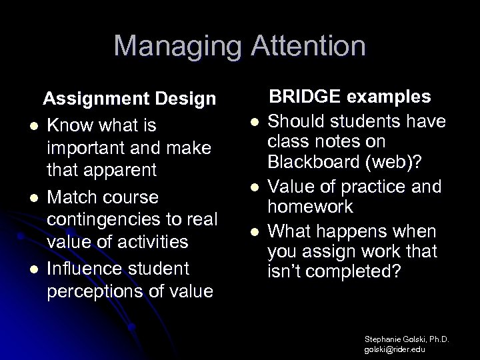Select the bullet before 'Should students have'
[x=254, y=122]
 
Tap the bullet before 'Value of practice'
[x=254, y=189]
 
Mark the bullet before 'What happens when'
[x=254, y=231]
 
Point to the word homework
[x=310, y=207]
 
